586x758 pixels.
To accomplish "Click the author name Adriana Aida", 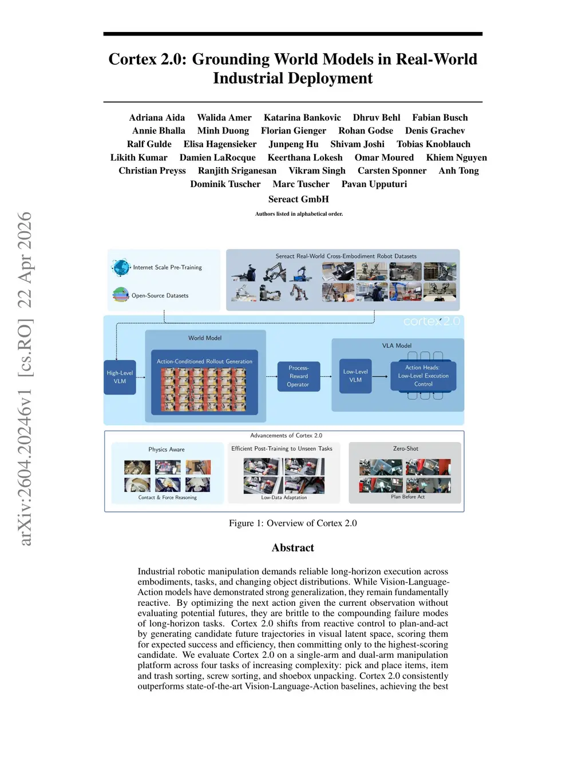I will pyautogui.click(x=157, y=117).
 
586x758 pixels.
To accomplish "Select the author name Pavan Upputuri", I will pyautogui.click(x=374, y=184).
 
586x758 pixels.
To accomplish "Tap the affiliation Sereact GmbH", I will pyautogui.click(x=298, y=199).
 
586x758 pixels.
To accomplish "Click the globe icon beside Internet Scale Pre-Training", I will pyautogui.click(x=121, y=267).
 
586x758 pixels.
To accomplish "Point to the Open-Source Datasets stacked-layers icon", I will pyautogui.click(x=121, y=295).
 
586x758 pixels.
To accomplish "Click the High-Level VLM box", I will pyautogui.click(x=120, y=377).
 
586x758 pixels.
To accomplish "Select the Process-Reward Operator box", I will pyautogui.click(x=298, y=376).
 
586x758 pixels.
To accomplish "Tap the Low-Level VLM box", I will pyautogui.click(x=355, y=376).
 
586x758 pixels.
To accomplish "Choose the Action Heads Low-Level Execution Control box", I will pyautogui.click(x=423, y=376).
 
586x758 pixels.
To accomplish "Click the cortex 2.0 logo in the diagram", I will pyautogui.click(x=431, y=322).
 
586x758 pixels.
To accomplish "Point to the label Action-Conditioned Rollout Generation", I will pyautogui.click(x=204, y=362).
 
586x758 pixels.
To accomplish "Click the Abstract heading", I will pyautogui.click(x=292, y=547).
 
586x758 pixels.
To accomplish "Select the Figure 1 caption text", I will pyautogui.click(x=292, y=523).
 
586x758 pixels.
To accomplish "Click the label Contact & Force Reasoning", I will pyautogui.click(x=167, y=498).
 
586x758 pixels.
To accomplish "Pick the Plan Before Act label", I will pyautogui.click(x=407, y=497).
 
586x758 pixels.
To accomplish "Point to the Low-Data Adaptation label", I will pyautogui.click(x=284, y=498).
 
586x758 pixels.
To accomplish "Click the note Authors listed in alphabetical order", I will pyautogui.click(x=299, y=214).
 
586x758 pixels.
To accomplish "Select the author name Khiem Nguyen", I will pyautogui.click(x=456, y=157).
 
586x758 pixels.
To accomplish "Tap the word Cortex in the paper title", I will pyautogui.click(x=132, y=59).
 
